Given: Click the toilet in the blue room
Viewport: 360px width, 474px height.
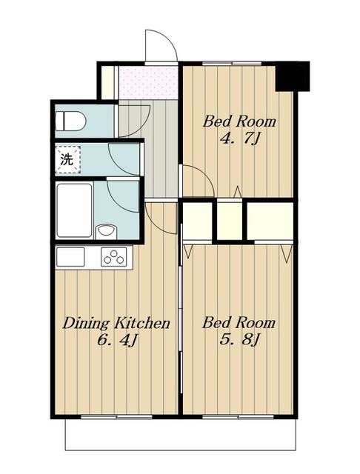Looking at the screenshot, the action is (71, 121).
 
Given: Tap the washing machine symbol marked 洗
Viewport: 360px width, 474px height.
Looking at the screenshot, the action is (67, 160).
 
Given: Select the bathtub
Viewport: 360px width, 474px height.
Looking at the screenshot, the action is (74, 210).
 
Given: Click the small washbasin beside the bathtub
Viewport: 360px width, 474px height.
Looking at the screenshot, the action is (106, 232).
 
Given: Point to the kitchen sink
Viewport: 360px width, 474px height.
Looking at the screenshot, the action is (70, 257).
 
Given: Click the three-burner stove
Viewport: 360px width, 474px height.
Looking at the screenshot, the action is (114, 257).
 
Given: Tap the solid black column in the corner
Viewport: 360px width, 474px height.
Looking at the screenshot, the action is (293, 76).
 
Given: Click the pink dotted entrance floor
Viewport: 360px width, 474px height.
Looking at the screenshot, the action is (148, 82).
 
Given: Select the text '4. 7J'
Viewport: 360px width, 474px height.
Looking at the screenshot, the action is (239, 138).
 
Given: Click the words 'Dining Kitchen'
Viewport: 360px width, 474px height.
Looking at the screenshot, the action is (116, 323).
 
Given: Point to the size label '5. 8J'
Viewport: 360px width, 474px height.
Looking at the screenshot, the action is (239, 340).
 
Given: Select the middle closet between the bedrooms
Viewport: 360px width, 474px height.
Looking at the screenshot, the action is (230, 221).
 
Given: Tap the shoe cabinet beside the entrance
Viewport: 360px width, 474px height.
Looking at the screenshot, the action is (107, 82).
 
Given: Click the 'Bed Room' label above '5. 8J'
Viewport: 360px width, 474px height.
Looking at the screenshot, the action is (239, 323).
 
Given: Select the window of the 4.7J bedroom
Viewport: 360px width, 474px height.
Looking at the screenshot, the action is (232, 64).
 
